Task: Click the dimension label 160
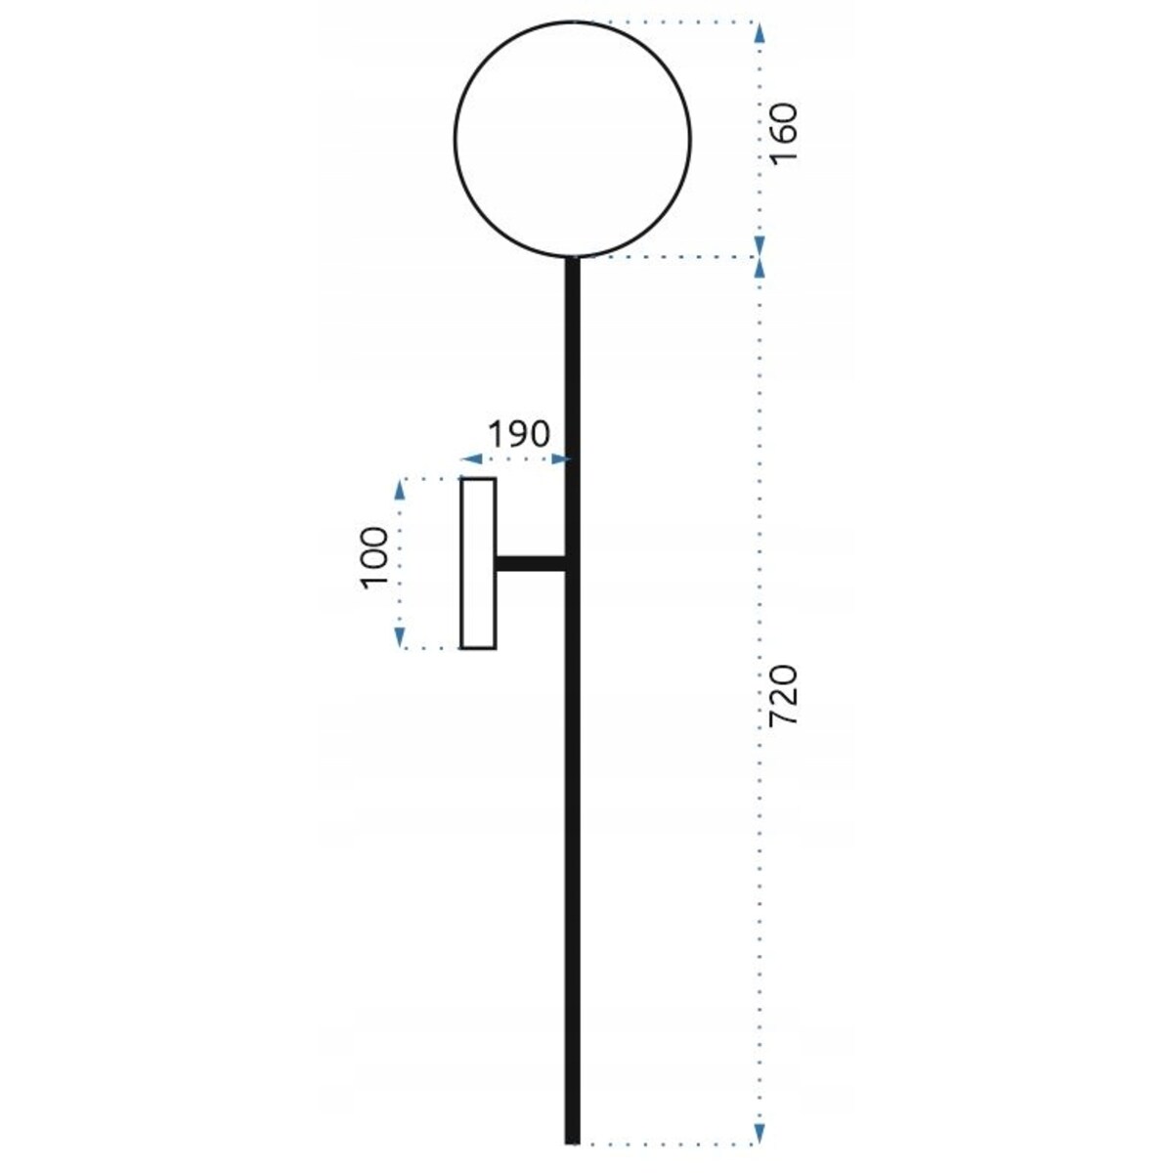(783, 133)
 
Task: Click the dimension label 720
(783, 695)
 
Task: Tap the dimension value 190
(519, 435)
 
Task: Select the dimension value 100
(374, 557)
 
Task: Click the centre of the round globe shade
(572, 139)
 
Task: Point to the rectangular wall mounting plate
(478, 564)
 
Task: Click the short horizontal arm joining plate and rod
(531, 564)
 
